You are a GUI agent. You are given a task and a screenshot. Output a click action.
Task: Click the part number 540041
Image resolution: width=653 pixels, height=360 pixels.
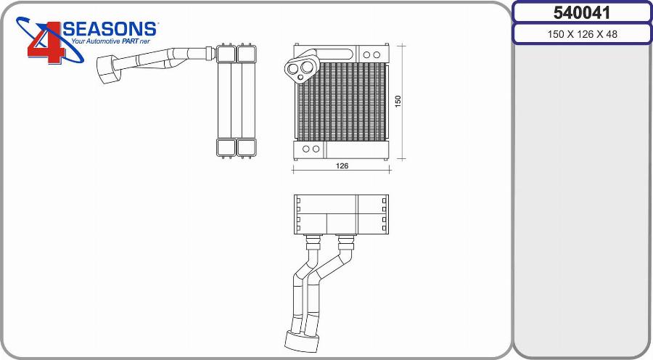click(581, 12)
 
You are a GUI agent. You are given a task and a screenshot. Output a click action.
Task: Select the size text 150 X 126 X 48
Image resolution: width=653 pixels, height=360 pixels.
click(582, 34)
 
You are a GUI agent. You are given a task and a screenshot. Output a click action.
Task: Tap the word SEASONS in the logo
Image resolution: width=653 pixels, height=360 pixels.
click(110, 29)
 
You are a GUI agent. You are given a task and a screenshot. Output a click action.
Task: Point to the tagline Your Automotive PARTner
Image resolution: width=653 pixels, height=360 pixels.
click(110, 41)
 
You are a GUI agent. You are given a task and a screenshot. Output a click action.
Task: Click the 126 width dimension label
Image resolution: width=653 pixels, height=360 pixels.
click(342, 165)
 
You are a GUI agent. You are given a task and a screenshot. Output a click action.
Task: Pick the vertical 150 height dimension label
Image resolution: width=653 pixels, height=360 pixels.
click(398, 102)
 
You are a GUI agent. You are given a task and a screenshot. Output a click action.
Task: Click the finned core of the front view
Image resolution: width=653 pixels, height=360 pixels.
click(341, 102)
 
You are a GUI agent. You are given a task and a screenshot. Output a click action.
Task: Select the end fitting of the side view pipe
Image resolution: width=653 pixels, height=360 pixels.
click(108, 68)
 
